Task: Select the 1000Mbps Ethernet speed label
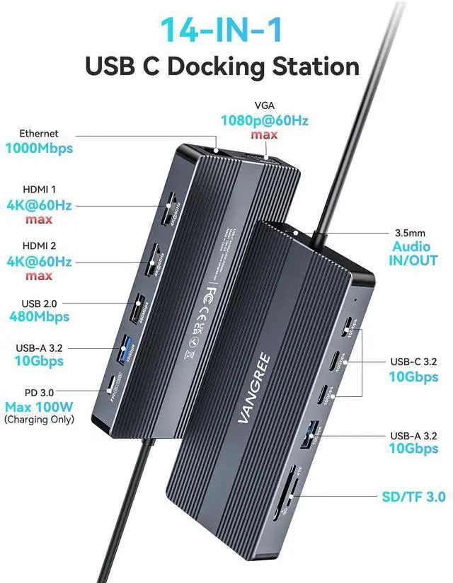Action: pos(39,149)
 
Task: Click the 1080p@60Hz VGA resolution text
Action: pos(264,120)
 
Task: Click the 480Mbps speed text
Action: pos(39,316)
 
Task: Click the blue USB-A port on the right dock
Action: pos(313,432)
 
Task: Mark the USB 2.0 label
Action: pos(39,303)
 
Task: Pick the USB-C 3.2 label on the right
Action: pos(413,362)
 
